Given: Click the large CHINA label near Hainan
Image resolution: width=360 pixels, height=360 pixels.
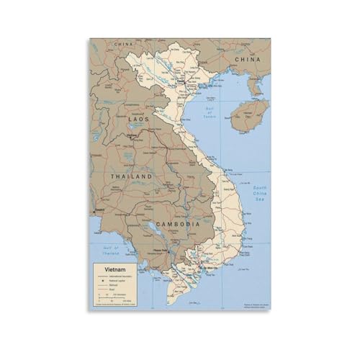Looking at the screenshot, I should coord(246,58).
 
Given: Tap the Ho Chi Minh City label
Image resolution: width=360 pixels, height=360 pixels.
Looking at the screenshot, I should coord(208,267).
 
